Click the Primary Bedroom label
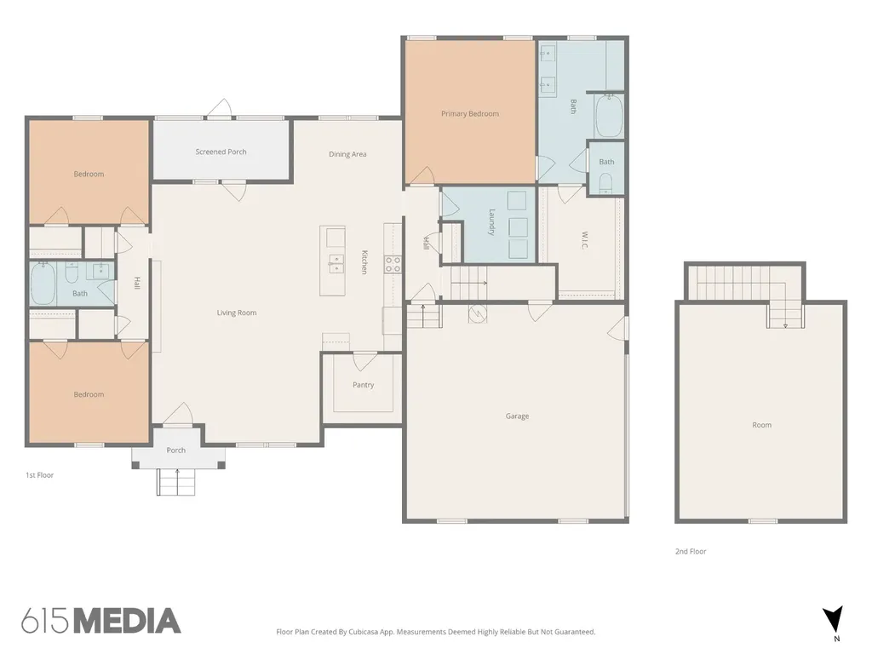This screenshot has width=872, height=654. (470, 113)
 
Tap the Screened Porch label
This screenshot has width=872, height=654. (221, 152)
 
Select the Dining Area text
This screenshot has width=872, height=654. (347, 154)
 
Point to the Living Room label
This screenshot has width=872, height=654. (237, 313)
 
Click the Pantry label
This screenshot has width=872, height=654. (363, 385)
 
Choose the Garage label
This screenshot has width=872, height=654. (517, 416)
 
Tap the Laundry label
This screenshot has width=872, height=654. (491, 222)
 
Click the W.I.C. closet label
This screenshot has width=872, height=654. (586, 239)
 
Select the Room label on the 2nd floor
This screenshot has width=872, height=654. (762, 425)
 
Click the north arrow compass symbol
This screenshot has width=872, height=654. (833, 619)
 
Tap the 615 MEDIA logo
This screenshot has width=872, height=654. (101, 621)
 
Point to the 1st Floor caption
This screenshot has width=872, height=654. (39, 475)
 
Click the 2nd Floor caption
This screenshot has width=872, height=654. (691, 551)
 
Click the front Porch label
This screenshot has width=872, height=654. (175, 450)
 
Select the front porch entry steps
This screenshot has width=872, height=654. (176, 482)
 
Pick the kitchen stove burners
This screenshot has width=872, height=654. (393, 264)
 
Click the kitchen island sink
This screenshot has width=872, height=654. (336, 264)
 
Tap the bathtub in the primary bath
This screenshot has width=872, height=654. (609, 116)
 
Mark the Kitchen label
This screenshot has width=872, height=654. (364, 262)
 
